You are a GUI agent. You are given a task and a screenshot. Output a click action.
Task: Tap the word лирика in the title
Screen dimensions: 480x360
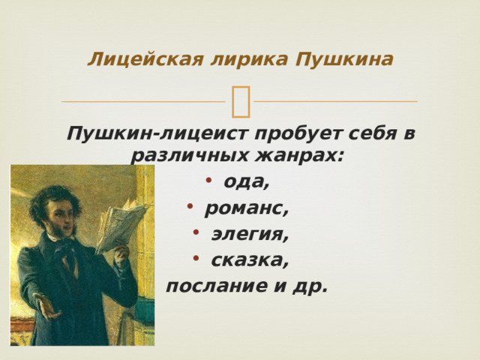click(250, 60)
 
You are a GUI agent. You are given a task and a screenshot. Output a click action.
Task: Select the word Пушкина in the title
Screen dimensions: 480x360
click(344, 60)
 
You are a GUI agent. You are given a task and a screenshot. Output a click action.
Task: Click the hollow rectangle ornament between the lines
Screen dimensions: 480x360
click(241, 102)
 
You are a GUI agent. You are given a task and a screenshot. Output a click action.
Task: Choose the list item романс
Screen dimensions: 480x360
click(247, 210)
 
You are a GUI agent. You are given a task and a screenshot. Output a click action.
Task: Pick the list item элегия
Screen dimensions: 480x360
click(250, 235)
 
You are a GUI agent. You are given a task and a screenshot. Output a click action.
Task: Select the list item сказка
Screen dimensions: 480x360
click(250, 260)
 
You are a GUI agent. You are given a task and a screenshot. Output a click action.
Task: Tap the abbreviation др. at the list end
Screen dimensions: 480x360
click(310, 286)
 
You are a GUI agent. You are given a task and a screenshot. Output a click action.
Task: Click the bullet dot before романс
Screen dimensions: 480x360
click(190, 206)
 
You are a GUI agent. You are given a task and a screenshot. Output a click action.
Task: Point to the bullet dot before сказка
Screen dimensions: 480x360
click(196, 257)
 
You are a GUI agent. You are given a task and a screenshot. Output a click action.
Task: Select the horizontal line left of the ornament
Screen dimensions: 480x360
click(143, 101)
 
